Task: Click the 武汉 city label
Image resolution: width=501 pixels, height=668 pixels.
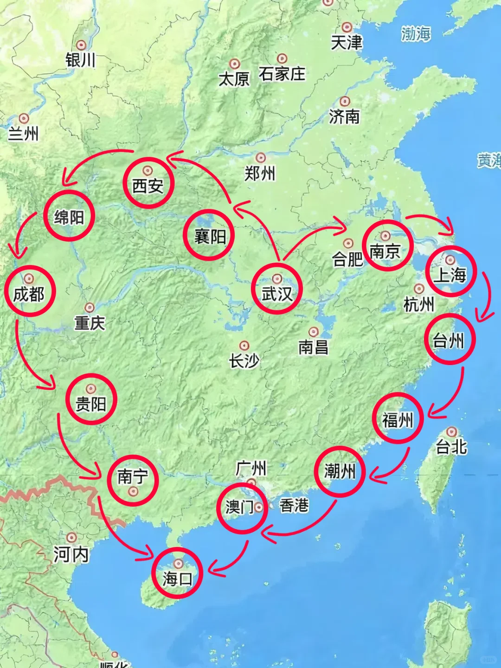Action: pos(277,294)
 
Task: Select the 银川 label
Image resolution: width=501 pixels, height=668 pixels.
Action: pos(80,60)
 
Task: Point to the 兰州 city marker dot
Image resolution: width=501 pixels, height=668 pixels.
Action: pos(24,119)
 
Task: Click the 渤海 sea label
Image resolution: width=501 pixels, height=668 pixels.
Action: pos(416,34)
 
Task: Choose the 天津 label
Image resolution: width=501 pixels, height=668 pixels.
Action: pos(346,43)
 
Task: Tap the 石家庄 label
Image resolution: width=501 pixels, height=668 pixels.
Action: pos(282,74)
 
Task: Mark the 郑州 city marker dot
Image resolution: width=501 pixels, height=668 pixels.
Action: pos(261,158)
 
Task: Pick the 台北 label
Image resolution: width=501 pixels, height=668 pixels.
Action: pos(451,447)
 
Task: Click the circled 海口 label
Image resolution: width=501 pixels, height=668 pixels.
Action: pos(177,578)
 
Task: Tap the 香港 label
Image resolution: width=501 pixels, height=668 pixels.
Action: pos(294,505)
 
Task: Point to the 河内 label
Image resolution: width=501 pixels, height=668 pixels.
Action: pos(71,554)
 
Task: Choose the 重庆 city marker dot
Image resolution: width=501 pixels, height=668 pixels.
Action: pos(90,308)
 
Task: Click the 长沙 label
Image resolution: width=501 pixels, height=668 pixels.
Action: pos(244,360)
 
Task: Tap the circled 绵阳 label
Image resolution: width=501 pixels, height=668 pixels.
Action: pos(69,217)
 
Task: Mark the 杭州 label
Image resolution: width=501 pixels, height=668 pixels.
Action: pos(418,305)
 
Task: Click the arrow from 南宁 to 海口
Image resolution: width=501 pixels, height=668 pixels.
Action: pos(116,533)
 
